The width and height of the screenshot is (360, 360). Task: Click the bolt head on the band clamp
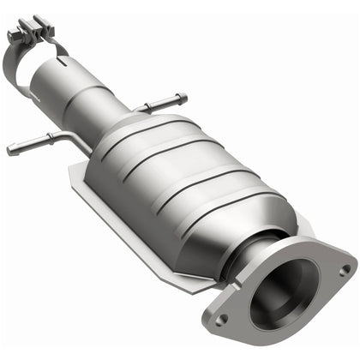pyautogui.click(x=40, y=20)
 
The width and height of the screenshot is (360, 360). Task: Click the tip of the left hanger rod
pyautogui.click(x=11, y=151)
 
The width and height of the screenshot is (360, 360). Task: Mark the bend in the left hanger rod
pyautogui.click(x=53, y=137)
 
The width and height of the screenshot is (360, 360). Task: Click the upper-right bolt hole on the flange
pyautogui.click(x=344, y=269)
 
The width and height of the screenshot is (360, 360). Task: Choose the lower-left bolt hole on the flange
pyautogui.click(x=222, y=319)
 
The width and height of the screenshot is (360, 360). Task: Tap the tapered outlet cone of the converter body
pyautogui.click(x=257, y=219)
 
